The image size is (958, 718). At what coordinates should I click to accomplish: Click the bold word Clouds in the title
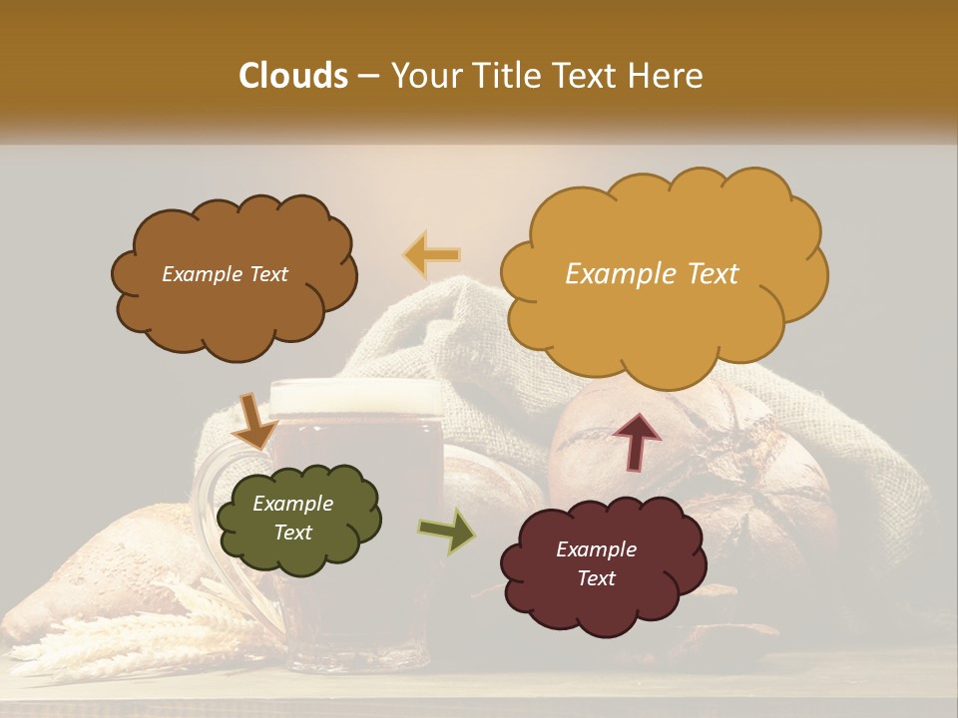(x=293, y=76)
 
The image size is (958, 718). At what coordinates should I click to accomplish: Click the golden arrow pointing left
(x=431, y=254)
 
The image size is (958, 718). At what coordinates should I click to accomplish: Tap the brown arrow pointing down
(x=254, y=422)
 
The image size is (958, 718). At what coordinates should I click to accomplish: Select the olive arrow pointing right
(x=448, y=532)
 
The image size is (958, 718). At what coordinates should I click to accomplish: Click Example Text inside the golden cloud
(x=652, y=273)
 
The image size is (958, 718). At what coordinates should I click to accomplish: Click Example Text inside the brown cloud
(x=225, y=273)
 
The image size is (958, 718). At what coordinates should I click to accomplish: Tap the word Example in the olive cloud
(x=292, y=504)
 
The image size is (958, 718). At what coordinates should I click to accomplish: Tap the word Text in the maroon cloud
(x=596, y=578)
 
